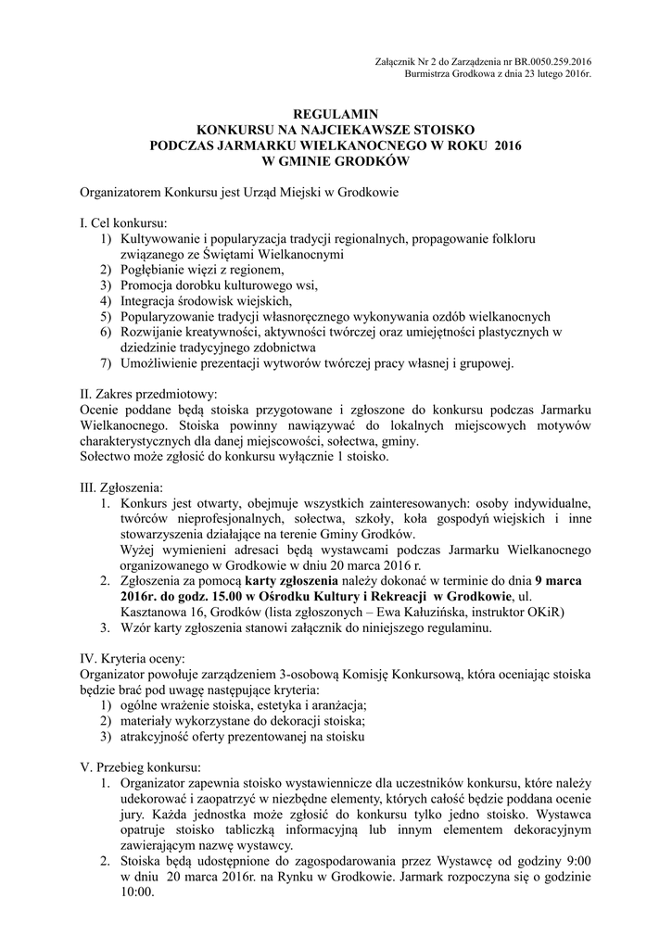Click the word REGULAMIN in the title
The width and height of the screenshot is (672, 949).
pyautogui.click(x=335, y=115)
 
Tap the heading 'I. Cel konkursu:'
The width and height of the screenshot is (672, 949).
pyautogui.click(x=122, y=224)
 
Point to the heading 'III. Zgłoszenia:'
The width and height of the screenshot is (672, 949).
pyautogui.click(x=121, y=487)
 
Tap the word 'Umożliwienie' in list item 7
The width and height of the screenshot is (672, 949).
pyautogui.click(x=161, y=362)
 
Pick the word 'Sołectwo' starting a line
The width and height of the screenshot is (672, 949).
pyautogui.click(x=107, y=457)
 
